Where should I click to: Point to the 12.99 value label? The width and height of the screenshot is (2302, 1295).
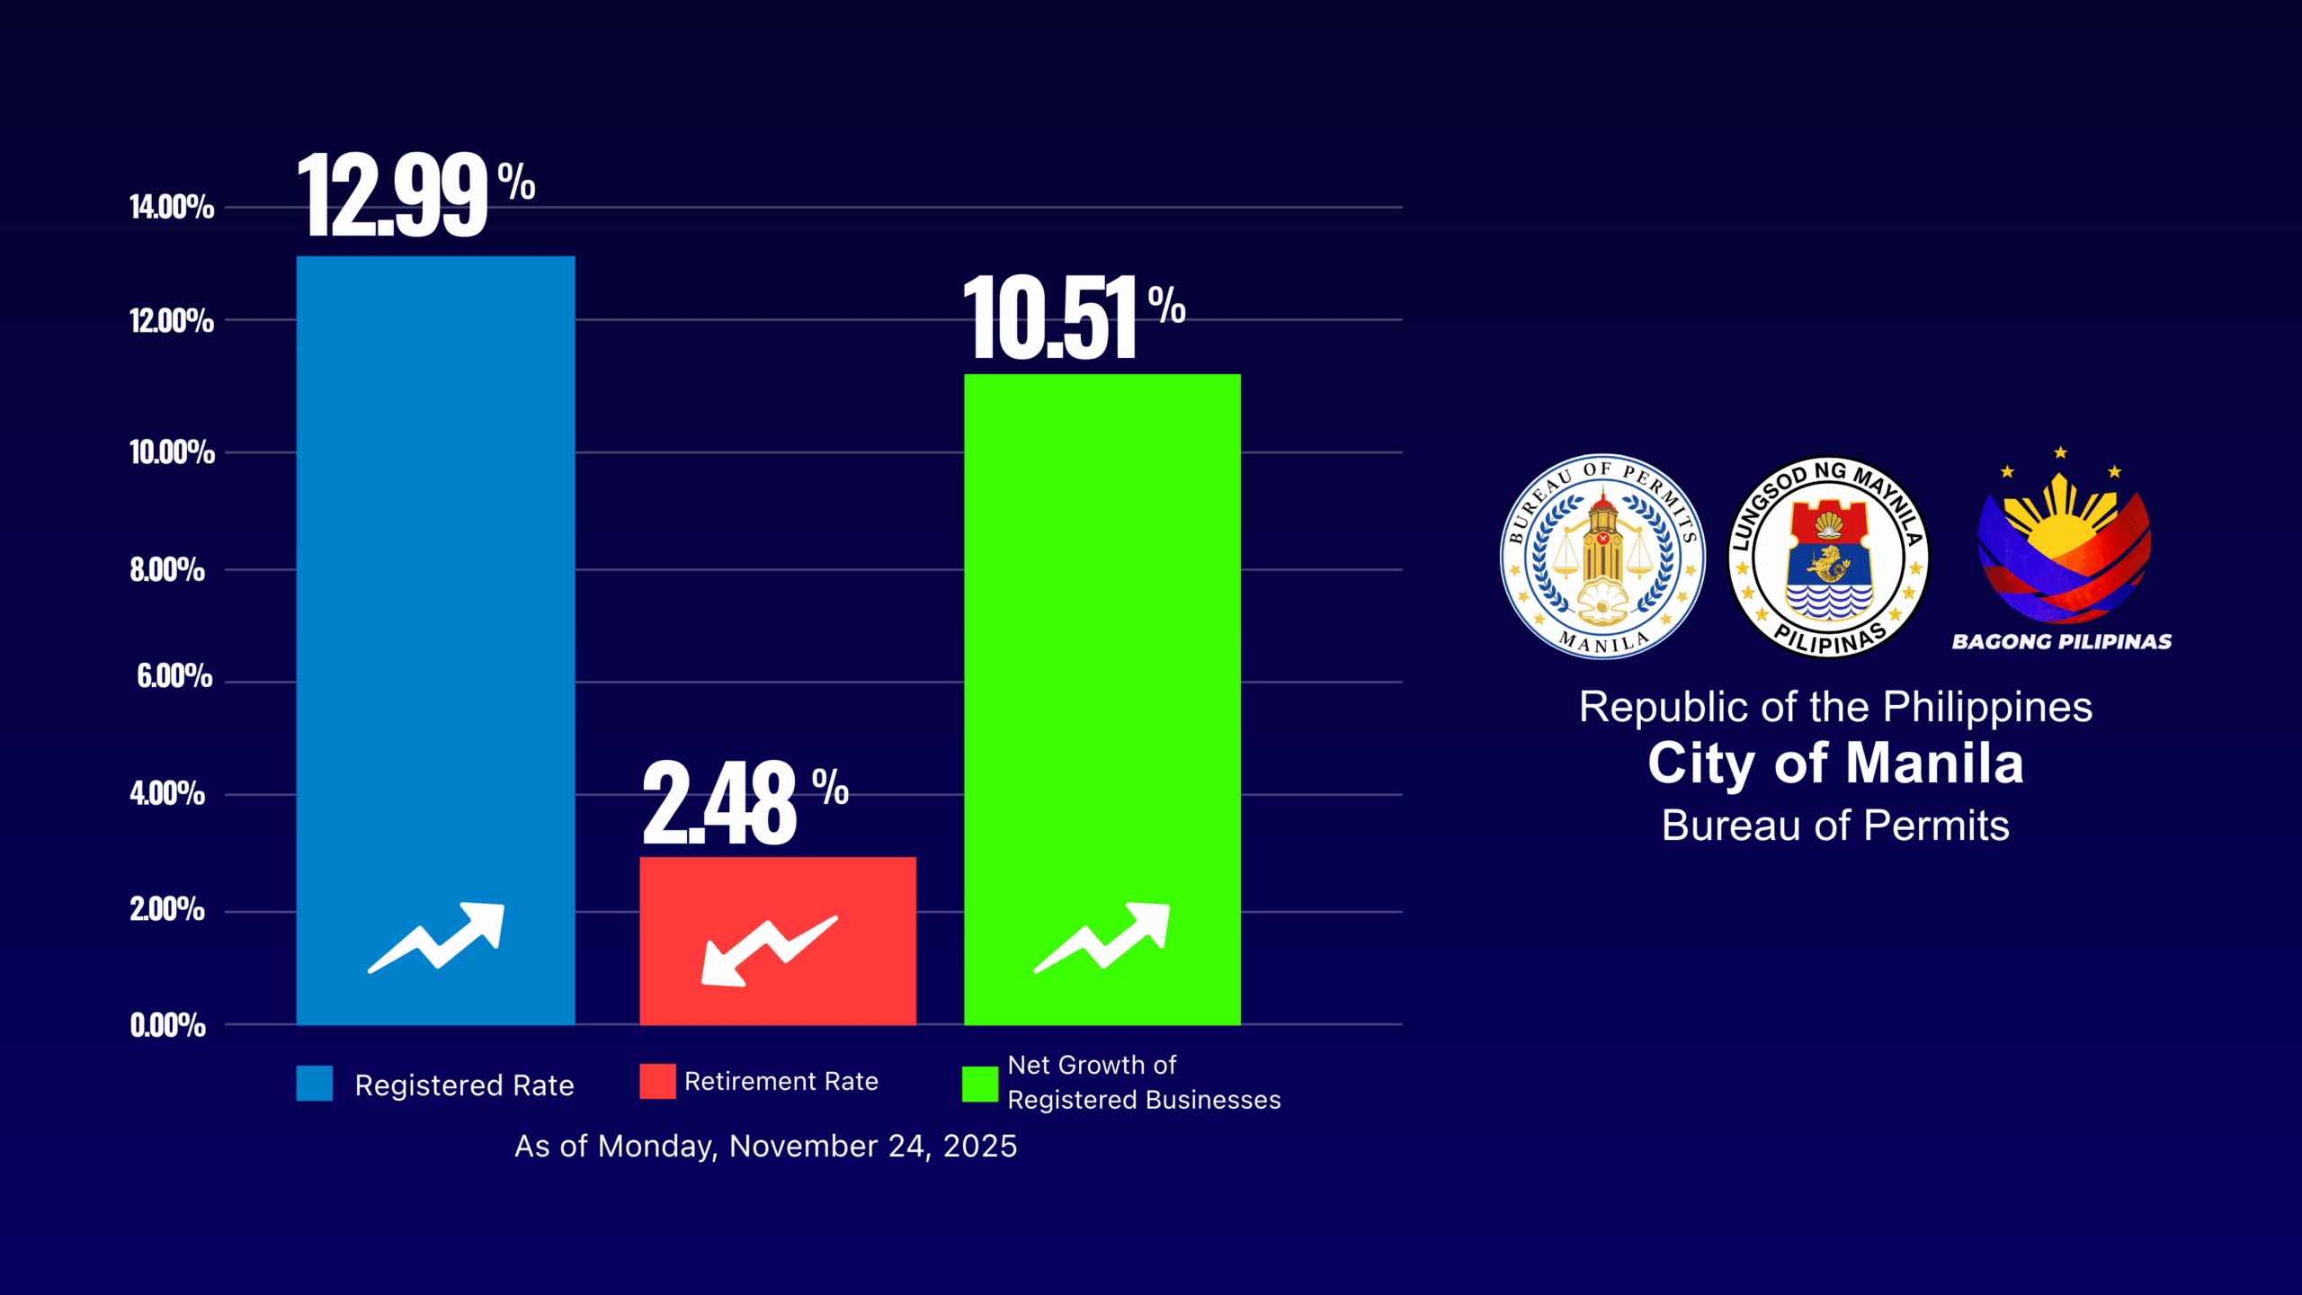[396, 195]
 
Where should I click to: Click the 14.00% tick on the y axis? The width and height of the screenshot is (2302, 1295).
[172, 207]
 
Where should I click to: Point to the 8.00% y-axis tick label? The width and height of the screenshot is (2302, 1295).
[167, 569]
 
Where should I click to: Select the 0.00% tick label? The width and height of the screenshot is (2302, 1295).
[168, 1025]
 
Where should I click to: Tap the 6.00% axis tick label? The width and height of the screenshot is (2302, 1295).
[174, 675]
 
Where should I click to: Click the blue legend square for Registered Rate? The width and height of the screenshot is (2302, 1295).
[315, 1083]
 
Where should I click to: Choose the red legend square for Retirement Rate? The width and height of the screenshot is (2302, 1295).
[657, 1081]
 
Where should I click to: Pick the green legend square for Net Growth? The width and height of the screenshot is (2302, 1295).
[980, 1084]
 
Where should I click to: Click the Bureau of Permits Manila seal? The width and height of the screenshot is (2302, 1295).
[1602, 557]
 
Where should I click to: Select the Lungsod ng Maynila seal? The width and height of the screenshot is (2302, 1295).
[1828, 557]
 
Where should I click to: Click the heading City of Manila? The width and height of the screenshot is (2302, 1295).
[1835, 764]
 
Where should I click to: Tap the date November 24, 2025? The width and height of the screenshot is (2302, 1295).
[872, 1146]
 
